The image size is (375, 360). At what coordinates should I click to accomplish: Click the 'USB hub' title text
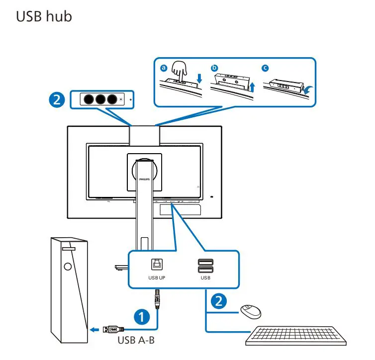[x=44, y=16]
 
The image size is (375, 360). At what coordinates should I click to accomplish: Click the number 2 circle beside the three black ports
[x=58, y=99]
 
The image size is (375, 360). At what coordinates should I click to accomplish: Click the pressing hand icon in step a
[x=179, y=72]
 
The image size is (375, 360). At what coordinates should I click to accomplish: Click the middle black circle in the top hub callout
[x=101, y=99]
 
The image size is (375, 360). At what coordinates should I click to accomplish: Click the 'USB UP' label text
[x=156, y=278]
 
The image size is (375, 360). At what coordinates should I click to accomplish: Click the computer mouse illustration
[x=251, y=311]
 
